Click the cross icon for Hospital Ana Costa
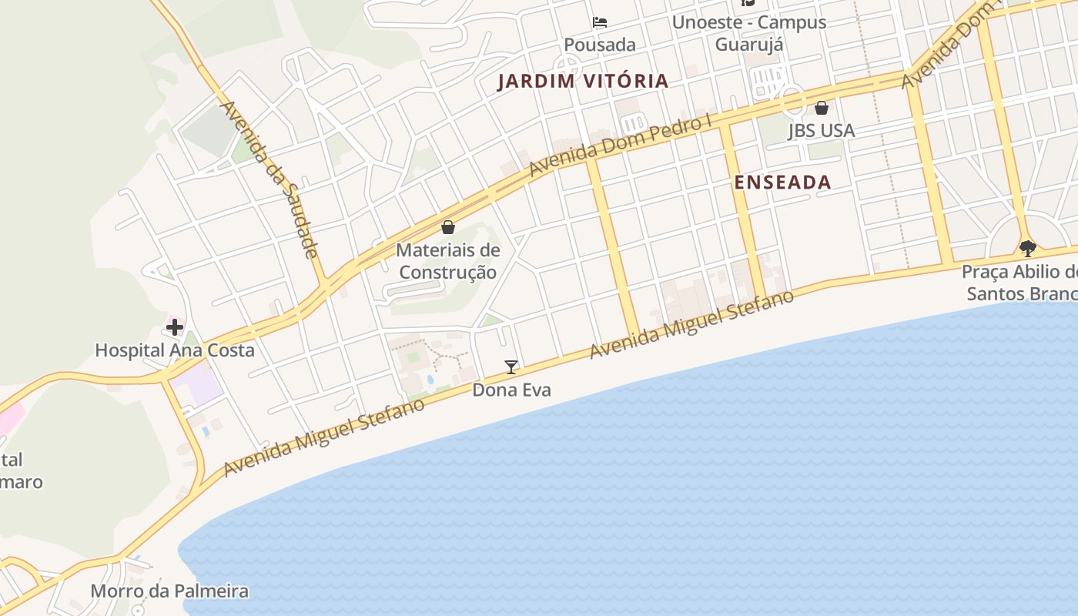[x=175, y=327]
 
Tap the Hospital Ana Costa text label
[x=175, y=350]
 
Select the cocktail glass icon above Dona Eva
[x=511, y=367]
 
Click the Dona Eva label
[x=511, y=390]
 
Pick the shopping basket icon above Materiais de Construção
[x=448, y=227]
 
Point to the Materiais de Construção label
[x=448, y=261]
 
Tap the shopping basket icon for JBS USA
[x=822, y=108]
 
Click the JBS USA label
[x=822, y=130]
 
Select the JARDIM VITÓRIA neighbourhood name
[x=583, y=81]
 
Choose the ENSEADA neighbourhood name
[x=782, y=182]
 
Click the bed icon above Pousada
[x=600, y=22]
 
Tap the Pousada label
[x=600, y=45]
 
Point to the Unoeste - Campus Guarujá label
[x=749, y=33]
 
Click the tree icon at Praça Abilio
[x=1027, y=248]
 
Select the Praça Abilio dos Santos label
[x=1020, y=283]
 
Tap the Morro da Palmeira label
[x=169, y=591]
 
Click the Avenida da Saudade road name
[x=270, y=179]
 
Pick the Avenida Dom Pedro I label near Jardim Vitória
[x=621, y=146]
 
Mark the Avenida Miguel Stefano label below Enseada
[x=691, y=324]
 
